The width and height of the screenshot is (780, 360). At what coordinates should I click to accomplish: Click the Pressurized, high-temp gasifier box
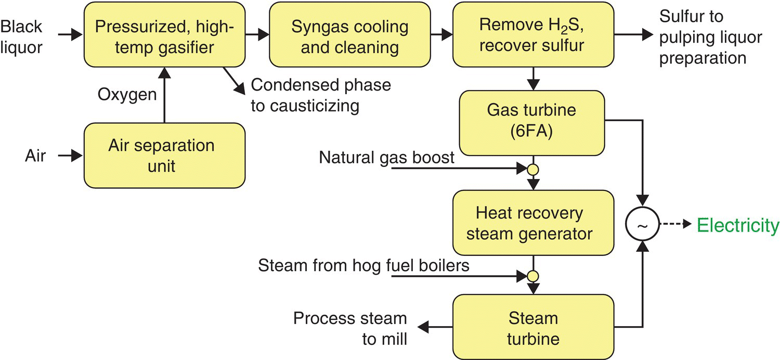(164, 34)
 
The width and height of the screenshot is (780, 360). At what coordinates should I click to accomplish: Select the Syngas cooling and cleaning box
(350, 34)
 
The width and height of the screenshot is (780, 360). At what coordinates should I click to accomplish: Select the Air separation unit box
(164, 155)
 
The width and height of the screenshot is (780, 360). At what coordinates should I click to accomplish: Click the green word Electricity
(738, 225)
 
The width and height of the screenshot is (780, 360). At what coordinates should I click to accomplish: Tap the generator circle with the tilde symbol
(643, 225)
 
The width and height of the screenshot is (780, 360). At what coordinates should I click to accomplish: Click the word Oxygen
(127, 95)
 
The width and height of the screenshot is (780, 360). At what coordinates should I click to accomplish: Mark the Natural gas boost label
(387, 157)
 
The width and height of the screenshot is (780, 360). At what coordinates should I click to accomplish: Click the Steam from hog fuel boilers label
(363, 266)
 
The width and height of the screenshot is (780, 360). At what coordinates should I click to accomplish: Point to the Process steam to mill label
(350, 328)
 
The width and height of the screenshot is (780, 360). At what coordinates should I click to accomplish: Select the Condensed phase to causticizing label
(320, 95)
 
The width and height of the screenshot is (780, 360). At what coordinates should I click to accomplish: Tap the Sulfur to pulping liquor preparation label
(710, 36)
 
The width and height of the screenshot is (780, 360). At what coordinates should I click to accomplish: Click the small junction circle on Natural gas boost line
(532, 170)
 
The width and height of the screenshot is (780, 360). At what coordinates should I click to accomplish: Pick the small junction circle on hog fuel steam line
(532, 275)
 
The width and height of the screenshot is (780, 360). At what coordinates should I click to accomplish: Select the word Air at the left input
(34, 155)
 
